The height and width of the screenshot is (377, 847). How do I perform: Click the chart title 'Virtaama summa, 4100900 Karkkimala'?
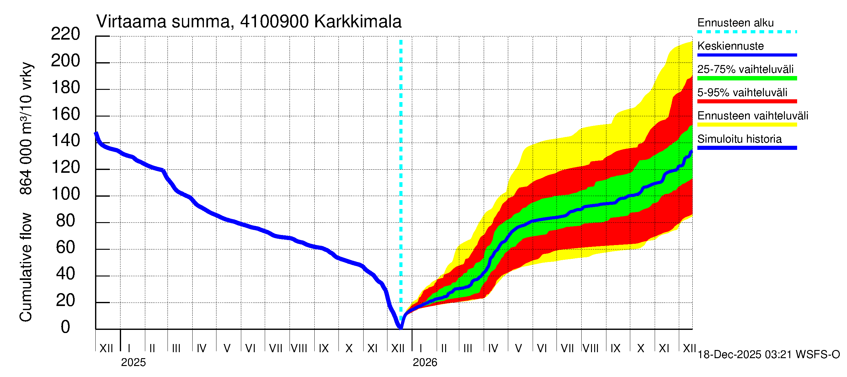tap(248, 22)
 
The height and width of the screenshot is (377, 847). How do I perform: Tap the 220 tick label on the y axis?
tap(66, 34)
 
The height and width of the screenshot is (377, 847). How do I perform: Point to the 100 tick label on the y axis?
tap(66, 194)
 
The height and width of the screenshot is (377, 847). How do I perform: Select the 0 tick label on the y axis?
tap(66, 327)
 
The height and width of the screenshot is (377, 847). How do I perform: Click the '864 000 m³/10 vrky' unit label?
tap(26, 128)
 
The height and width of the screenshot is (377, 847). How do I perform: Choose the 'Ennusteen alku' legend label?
tap(735, 23)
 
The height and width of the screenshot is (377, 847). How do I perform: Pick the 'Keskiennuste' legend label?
tap(730, 46)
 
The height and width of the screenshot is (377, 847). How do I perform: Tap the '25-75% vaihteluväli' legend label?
tap(745, 69)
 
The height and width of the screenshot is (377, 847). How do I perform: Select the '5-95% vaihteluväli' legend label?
tap(742, 92)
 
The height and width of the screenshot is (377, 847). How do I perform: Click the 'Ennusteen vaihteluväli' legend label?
tap(753, 116)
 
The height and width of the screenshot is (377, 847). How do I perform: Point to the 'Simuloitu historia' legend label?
tap(739, 139)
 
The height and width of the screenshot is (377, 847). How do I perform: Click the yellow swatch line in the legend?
tap(747, 125)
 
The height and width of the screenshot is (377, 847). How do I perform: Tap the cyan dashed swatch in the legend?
tap(747, 32)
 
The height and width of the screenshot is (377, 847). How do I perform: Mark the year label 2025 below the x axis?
tap(133, 363)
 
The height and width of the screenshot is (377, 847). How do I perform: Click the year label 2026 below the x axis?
tap(425, 363)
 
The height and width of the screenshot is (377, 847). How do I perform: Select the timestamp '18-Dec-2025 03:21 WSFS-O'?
tap(768, 355)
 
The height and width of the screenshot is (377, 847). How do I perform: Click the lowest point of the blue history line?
tap(401, 328)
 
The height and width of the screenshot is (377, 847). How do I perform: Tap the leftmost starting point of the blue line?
tap(96, 133)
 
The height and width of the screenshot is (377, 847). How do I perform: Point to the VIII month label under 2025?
tap(299, 348)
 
